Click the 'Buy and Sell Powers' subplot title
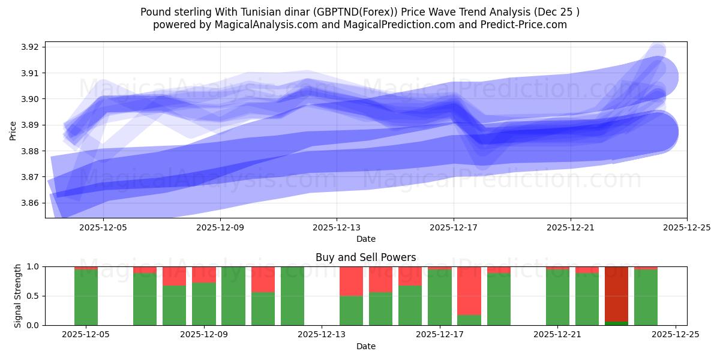pyautogui.click(x=365, y=257)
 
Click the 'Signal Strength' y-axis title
pyautogui.click(x=18, y=296)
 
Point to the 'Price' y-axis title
pyautogui.click(x=13, y=130)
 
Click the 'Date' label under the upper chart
pyautogui.click(x=365, y=239)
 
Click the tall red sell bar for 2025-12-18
pyautogui.click(x=469, y=290)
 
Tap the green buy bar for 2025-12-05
pyautogui.click(x=86, y=298)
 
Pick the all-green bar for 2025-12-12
pyautogui.click(x=292, y=296)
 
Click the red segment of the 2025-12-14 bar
pyautogui.click(x=351, y=281)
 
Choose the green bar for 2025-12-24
pyautogui.click(x=646, y=298)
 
